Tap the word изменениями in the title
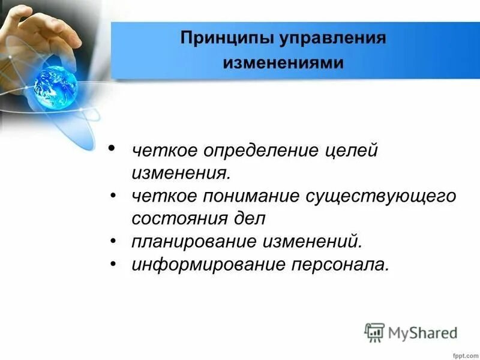coord(284,63)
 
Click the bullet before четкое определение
coord(112,148)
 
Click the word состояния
coord(180,218)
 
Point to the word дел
coord(249,218)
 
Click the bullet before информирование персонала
coord(113,262)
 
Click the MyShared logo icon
coord(374,332)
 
